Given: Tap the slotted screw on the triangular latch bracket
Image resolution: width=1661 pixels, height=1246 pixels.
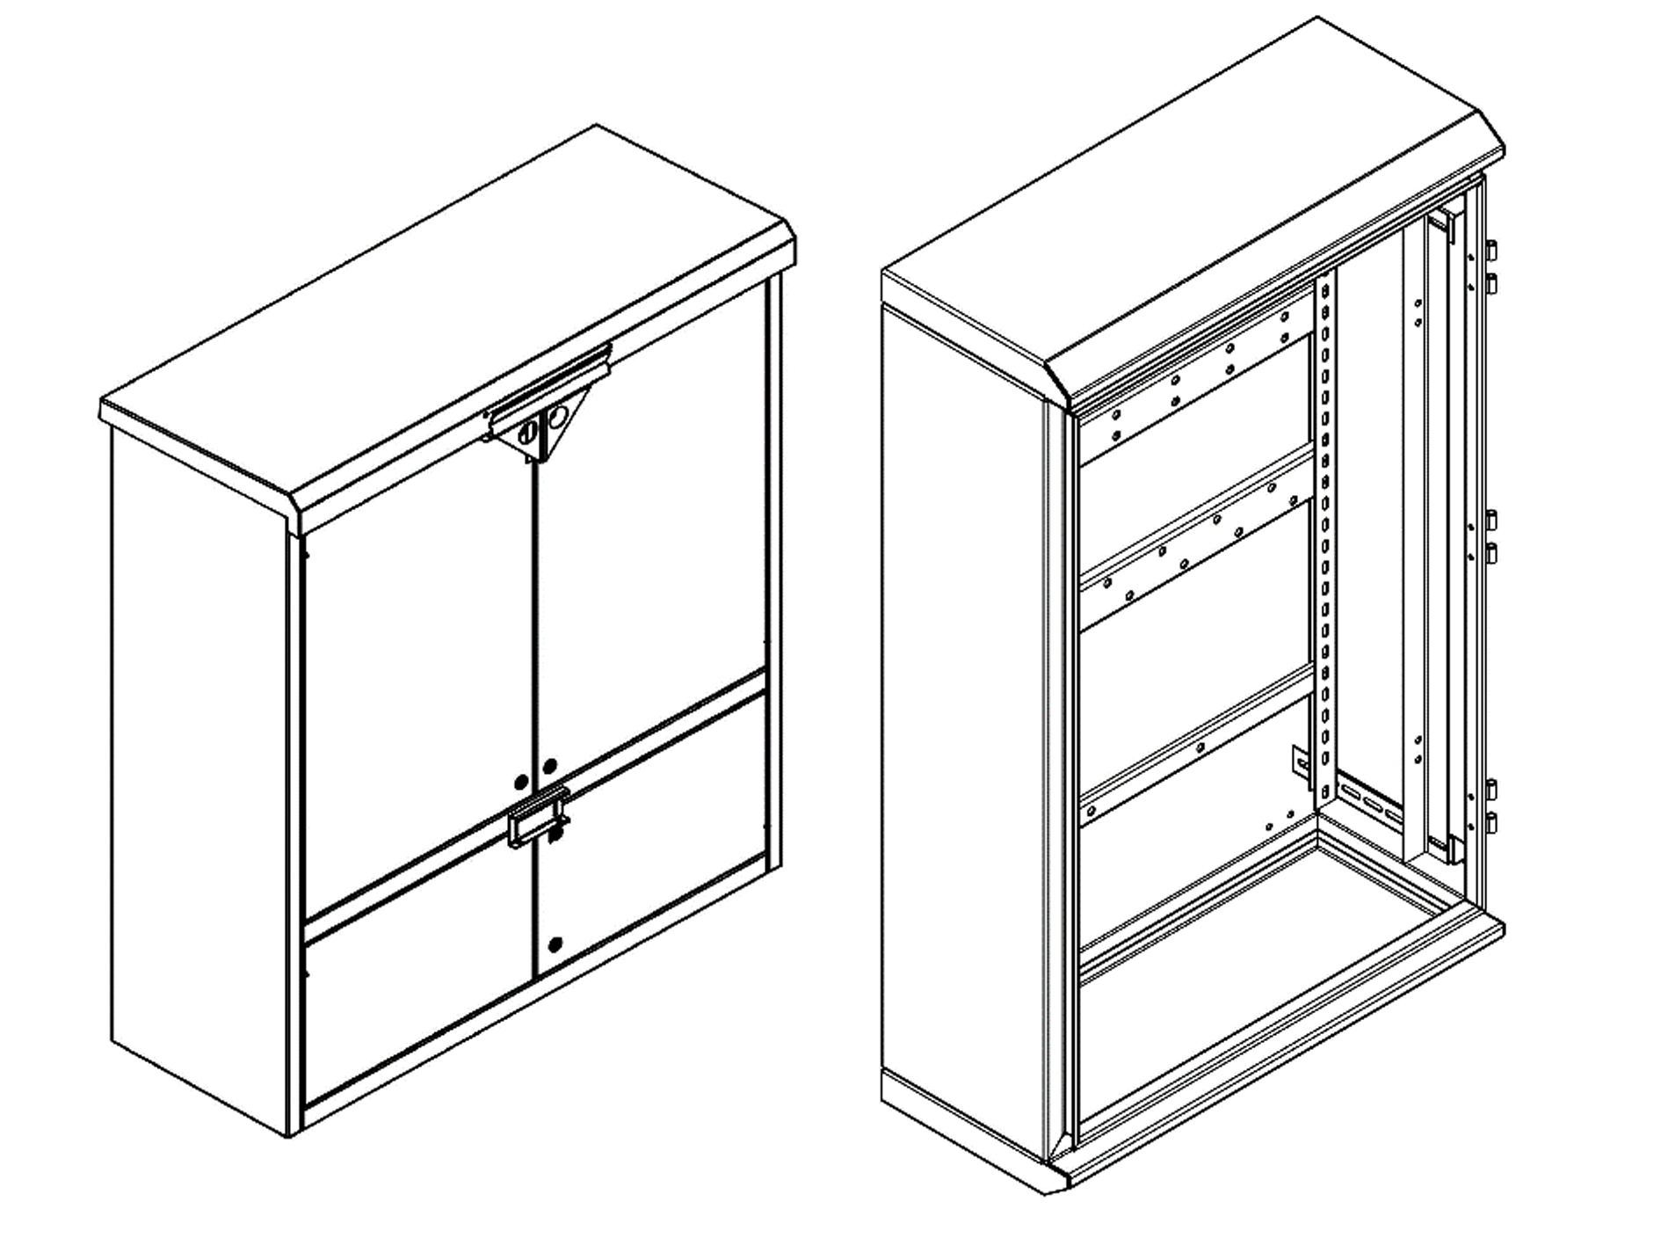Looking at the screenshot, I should tap(528, 432).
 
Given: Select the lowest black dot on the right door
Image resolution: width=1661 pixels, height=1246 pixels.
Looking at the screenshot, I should tap(555, 945).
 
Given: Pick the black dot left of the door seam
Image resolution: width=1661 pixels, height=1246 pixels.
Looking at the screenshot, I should tap(521, 781).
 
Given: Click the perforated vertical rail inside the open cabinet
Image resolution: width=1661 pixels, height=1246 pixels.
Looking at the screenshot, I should tap(1325, 528).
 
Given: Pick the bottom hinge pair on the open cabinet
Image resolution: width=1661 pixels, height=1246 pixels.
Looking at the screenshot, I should tap(1491, 805).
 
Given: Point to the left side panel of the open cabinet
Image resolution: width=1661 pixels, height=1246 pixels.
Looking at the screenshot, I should tap(962, 703).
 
